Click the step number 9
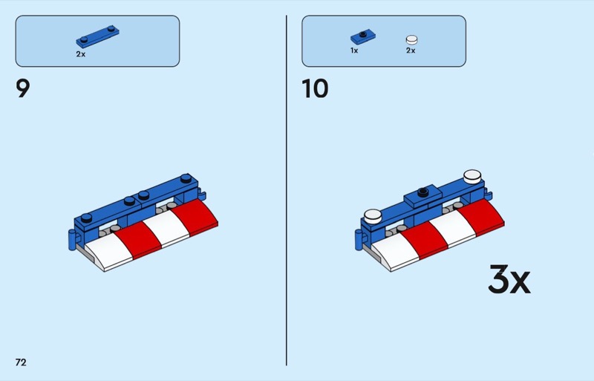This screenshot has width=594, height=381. click(x=23, y=88)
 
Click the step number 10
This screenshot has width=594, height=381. click(x=315, y=88)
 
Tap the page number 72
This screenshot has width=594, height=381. click(x=21, y=362)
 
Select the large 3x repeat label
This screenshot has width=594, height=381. click(x=509, y=279)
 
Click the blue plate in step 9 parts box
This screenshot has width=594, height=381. click(x=98, y=36)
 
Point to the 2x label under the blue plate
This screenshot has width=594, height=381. click(x=81, y=54)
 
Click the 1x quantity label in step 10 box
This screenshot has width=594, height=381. click(x=354, y=51)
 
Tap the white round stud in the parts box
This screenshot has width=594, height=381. click(x=412, y=40)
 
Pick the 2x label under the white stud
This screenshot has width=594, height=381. click(x=411, y=51)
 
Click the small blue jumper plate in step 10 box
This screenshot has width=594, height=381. click(x=363, y=37)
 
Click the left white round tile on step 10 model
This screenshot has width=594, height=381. click(x=373, y=216)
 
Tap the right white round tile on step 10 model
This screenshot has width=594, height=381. click(x=472, y=176)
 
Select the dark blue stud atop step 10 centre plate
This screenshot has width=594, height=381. click(x=423, y=192)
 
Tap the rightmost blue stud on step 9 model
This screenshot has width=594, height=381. click(x=186, y=178)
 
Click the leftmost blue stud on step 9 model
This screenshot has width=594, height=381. click(x=86, y=218)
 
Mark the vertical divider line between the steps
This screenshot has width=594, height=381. click(x=287, y=190)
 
